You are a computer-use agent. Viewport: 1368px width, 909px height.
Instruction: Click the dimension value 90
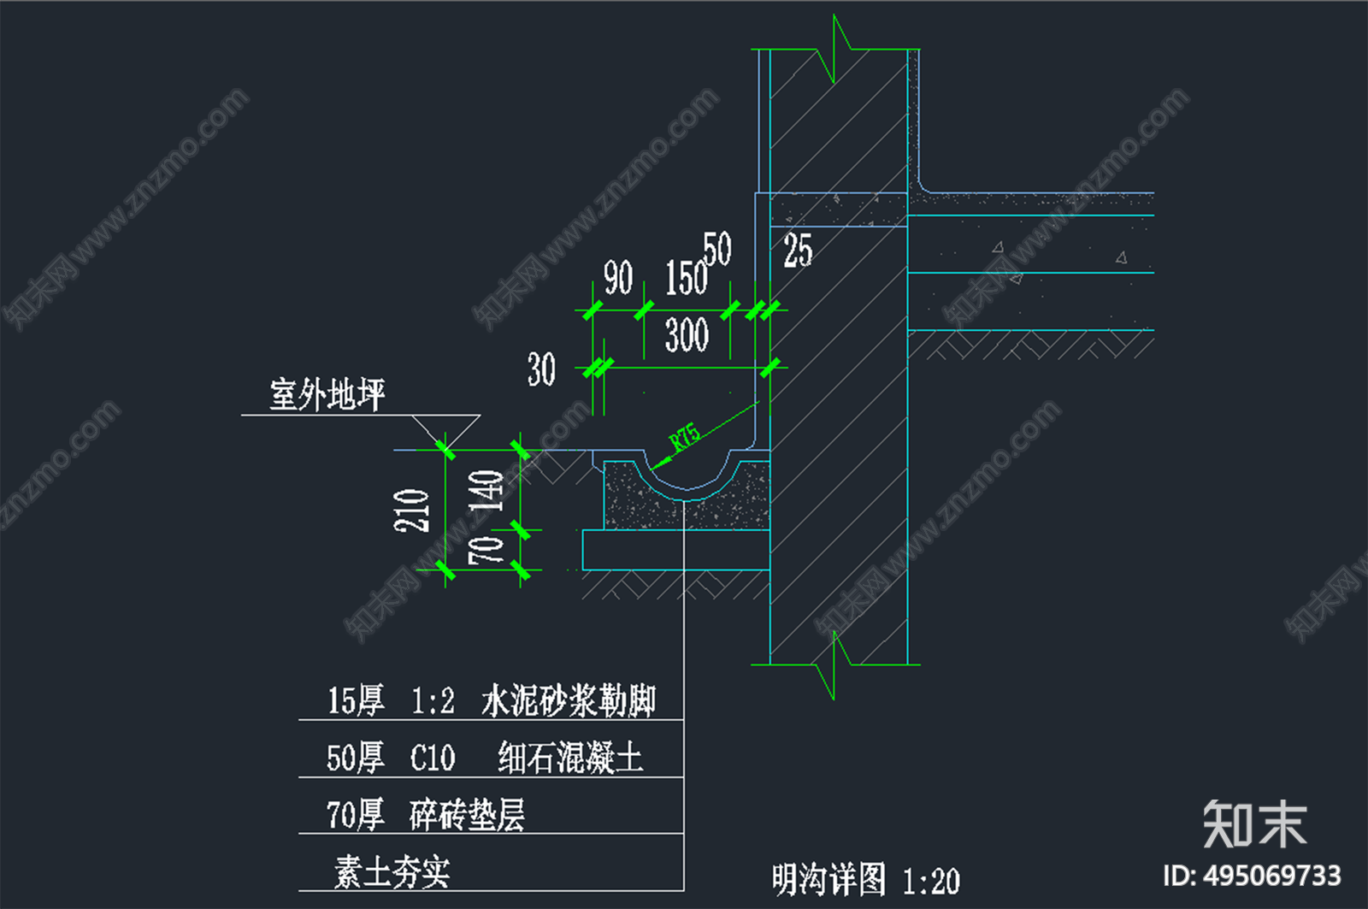[x=618, y=278]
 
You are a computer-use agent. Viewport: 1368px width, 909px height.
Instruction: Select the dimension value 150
[x=687, y=279]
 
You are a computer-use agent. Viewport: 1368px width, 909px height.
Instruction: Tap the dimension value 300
[x=687, y=334]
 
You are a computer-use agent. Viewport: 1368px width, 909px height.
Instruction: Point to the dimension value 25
[x=798, y=251]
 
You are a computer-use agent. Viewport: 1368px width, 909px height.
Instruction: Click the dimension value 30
[x=541, y=369]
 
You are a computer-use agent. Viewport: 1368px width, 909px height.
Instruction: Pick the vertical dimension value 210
[x=411, y=511]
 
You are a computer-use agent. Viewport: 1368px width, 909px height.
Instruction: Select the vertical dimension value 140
[x=486, y=491]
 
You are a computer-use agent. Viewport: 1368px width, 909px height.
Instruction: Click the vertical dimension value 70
[x=486, y=550]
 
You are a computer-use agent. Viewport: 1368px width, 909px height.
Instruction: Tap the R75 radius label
[x=685, y=436]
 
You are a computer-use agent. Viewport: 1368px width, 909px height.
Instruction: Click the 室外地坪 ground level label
[x=327, y=395]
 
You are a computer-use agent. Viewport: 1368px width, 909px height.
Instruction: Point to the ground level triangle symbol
[x=445, y=430]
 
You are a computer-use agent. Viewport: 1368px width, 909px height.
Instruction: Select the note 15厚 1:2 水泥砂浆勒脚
[x=492, y=701]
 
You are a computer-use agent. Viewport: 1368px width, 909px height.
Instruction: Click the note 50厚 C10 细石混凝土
[x=484, y=758]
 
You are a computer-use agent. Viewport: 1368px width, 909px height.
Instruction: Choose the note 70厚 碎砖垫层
[x=425, y=814]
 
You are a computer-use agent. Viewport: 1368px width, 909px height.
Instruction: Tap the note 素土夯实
[x=392, y=872]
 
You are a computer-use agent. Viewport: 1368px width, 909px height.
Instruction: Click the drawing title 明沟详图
[x=828, y=879]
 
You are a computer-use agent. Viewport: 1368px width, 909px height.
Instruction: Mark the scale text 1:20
[x=931, y=881]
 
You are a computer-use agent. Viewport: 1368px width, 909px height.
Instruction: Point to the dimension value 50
[x=717, y=249]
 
